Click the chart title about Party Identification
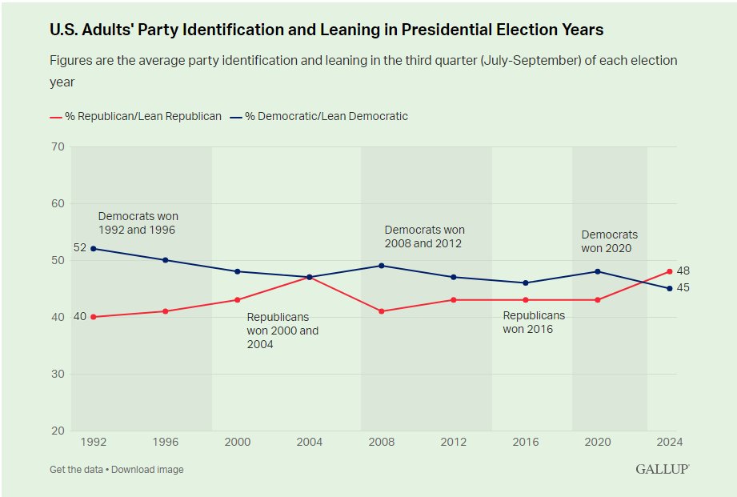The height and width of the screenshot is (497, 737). coord(326,30)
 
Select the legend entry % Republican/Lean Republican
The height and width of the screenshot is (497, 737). coord(136,117)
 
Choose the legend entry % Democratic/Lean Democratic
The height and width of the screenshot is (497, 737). coord(320,117)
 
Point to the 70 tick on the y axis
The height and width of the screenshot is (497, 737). coord(57,146)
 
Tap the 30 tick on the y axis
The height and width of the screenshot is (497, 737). coord(57,374)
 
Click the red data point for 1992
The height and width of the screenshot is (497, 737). coord(93,317)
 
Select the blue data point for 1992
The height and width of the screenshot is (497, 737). coord(93,249)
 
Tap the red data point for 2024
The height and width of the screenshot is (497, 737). coord(669,271)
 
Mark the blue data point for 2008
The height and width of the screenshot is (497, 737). coord(382,266)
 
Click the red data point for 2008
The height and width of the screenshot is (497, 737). coord(382,311)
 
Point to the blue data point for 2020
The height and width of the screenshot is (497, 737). coord(597,271)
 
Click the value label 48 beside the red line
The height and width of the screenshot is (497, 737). coord(683,271)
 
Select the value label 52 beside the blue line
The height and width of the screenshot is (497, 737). coord(79,248)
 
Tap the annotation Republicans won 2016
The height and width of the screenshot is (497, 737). coord(534,322)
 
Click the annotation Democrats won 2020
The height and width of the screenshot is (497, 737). coord(610,241)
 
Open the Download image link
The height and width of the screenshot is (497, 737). coord(147,470)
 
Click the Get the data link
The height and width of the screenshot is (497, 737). coord(76,470)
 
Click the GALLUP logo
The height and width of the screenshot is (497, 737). coord(662,469)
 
